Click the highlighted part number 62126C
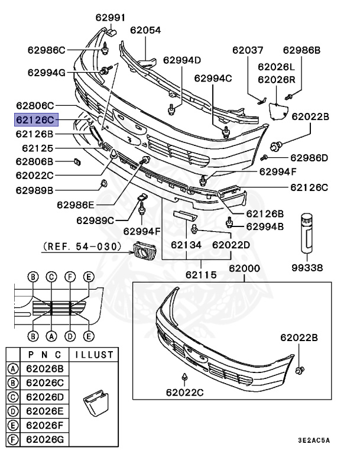point(36,120)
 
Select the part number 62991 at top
point(107,18)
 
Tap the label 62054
point(145,30)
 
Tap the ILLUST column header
point(91,355)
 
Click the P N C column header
point(46,355)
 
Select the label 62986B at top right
point(301,50)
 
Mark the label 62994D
point(182,60)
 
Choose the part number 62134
point(186,244)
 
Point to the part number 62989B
point(35,190)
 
